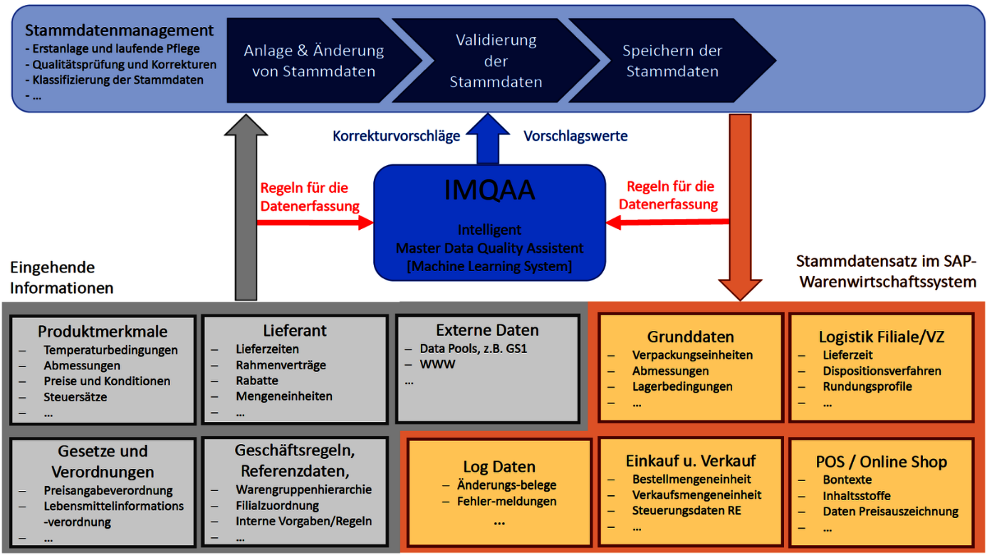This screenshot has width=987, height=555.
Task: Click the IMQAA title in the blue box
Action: click(489, 190)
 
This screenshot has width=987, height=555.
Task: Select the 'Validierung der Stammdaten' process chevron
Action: click(496, 60)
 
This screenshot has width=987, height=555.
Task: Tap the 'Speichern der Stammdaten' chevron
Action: click(672, 60)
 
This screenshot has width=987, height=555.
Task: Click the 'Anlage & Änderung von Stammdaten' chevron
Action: click(324, 60)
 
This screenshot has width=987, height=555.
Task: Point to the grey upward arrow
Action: click(246, 207)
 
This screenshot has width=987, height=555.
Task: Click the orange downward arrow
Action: click(741, 207)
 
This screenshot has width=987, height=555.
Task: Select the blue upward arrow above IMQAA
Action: click(488, 139)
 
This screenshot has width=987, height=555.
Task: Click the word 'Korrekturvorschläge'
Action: click(396, 136)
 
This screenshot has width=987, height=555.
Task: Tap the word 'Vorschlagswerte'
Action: click(575, 136)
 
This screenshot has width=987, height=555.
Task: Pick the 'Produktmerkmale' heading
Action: click(103, 332)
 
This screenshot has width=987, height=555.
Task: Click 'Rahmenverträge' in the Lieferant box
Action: click(281, 365)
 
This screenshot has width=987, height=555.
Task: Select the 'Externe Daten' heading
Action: click(487, 330)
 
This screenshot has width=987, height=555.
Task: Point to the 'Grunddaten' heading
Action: click(691, 337)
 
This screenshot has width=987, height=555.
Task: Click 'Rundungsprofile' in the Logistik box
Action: click(867, 386)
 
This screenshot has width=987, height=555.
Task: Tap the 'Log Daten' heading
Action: click(499, 467)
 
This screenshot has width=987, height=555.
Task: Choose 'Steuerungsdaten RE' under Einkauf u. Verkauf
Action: click(686, 511)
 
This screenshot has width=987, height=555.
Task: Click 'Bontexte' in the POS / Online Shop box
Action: click(847, 480)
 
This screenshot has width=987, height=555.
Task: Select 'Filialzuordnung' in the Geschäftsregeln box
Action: click(277, 506)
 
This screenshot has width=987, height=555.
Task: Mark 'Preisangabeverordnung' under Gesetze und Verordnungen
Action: click(108, 490)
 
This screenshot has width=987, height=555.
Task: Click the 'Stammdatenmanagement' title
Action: click(119, 31)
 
